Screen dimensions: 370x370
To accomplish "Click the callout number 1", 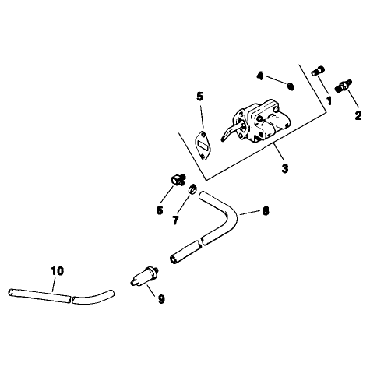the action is click(x=329, y=100).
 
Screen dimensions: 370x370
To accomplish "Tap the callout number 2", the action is click(x=358, y=115).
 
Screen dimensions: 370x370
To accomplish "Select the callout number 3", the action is click(x=285, y=168).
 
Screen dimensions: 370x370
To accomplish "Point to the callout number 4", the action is click(x=260, y=76).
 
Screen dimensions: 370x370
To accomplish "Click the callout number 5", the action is click(x=199, y=97).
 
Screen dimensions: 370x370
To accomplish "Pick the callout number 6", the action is click(x=160, y=210).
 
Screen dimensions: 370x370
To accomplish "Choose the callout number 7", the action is click(x=175, y=220).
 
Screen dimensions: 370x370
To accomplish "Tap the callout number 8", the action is click(x=266, y=211).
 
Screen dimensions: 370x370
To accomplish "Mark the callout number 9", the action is click(x=161, y=299).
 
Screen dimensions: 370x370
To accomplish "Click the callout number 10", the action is click(x=57, y=271).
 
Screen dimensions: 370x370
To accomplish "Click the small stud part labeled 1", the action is click(x=318, y=71).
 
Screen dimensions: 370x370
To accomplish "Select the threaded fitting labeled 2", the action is click(x=344, y=86).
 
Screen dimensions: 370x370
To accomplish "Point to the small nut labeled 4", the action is click(x=291, y=86).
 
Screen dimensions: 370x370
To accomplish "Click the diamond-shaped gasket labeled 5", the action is click(x=204, y=146).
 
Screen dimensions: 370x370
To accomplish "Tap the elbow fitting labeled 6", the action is click(x=178, y=180).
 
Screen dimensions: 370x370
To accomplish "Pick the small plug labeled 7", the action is click(x=192, y=189).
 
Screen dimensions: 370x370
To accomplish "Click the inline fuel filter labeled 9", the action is click(x=145, y=276).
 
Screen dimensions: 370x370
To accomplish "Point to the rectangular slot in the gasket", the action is click(x=204, y=146).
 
